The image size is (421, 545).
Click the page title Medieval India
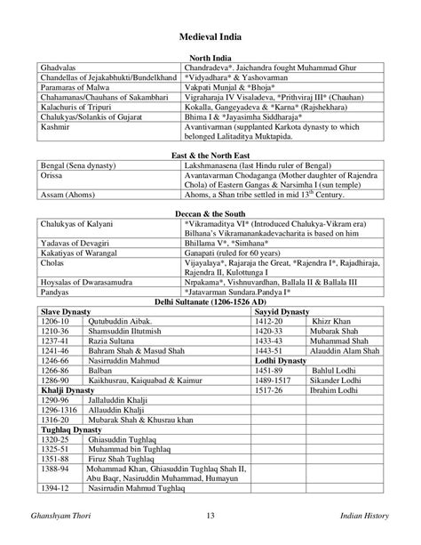pos(210,36)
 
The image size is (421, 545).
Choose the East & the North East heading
pos(210,155)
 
